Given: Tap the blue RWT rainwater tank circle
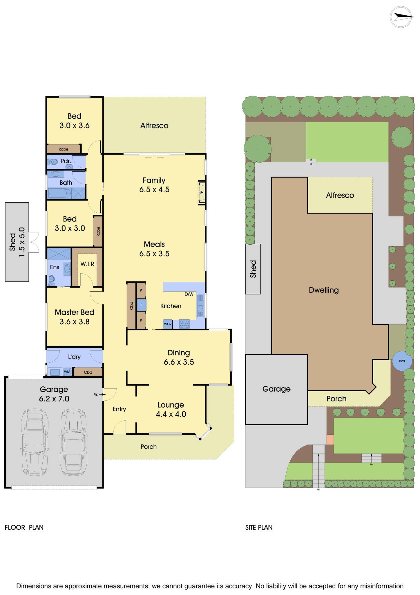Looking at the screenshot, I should click(402, 361).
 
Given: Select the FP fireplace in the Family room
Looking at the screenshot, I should click(202, 192).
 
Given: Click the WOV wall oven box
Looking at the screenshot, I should click(168, 324).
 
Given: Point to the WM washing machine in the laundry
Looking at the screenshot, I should click(67, 372).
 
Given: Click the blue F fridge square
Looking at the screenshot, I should click(141, 305).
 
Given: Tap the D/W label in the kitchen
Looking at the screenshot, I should click(189, 294).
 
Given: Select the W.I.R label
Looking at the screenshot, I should click(87, 264).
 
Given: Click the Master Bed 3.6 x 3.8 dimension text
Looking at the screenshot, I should click(75, 322).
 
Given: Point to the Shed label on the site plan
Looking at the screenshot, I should click(253, 269).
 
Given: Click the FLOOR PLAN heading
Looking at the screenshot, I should click(24, 527).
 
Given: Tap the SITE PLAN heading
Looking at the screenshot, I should click(259, 527).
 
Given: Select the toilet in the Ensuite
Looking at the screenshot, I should click(52, 279).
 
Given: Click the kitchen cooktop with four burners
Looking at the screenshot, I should click(184, 324).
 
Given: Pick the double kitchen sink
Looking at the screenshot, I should click(200, 305).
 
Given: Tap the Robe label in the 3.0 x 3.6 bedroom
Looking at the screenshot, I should click(64, 149).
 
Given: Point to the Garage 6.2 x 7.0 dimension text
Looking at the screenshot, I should click(54, 399).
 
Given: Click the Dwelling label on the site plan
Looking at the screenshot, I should click(324, 290).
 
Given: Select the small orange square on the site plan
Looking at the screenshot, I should click(330, 439).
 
